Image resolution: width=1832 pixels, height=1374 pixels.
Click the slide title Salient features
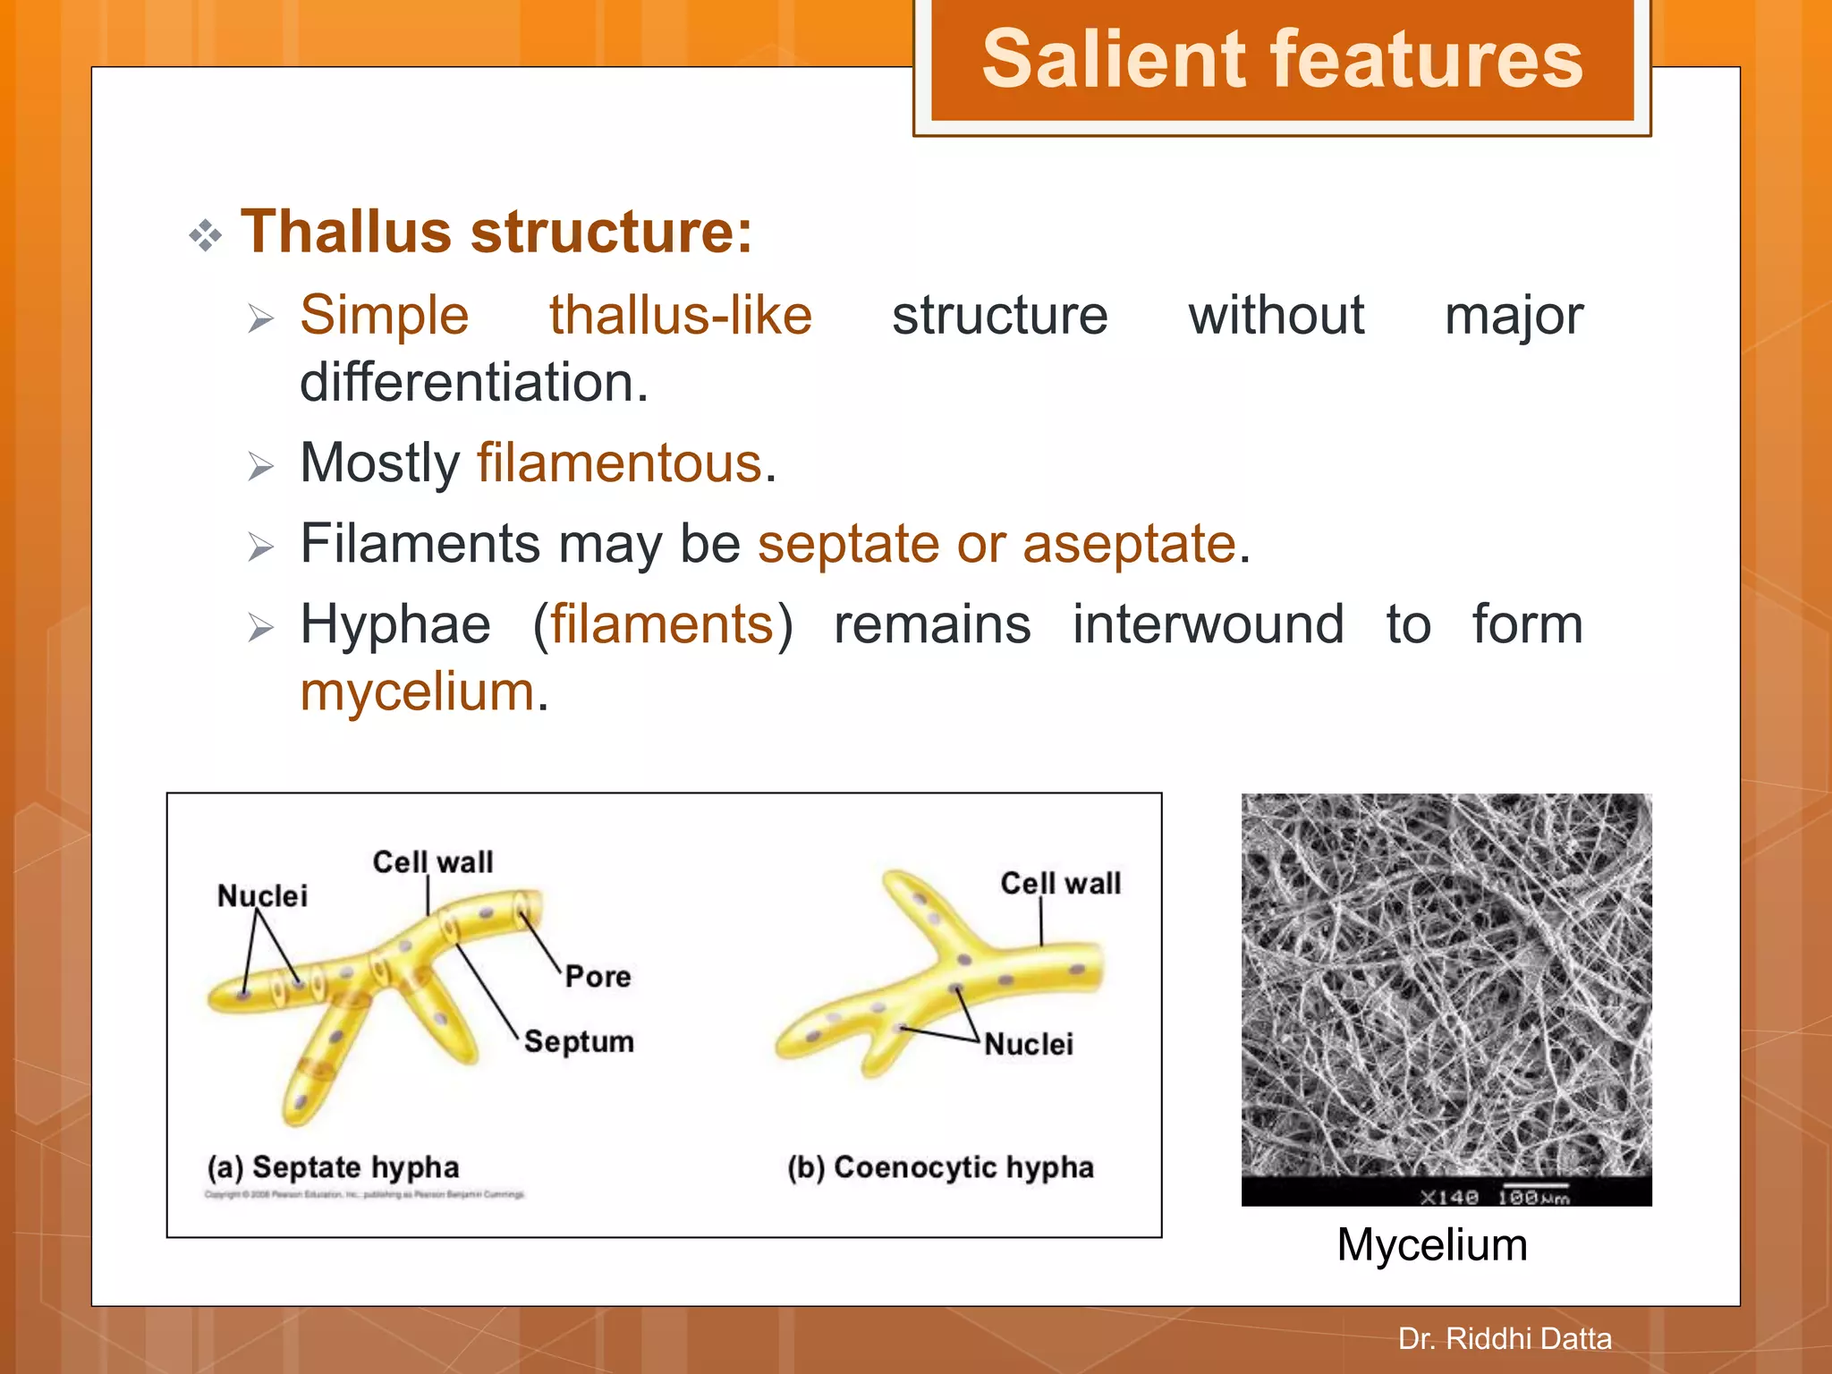point(1282,59)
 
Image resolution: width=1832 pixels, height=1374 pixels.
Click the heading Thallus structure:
point(496,232)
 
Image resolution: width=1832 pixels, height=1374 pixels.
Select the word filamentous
point(620,463)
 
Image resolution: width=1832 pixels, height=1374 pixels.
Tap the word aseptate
point(1129,544)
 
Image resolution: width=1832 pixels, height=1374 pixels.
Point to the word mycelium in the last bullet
point(418,691)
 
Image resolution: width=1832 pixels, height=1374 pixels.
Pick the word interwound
point(1208,623)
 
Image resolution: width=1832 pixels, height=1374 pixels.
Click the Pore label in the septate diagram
point(598,976)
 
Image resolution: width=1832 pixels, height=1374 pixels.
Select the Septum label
point(579,1041)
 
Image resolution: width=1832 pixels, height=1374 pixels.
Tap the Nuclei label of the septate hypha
point(262,895)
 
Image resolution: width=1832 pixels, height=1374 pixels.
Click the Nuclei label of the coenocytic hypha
point(1029,1044)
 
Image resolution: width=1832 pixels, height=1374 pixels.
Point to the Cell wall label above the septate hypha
point(433,861)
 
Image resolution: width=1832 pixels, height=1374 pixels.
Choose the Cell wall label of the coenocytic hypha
point(1060,883)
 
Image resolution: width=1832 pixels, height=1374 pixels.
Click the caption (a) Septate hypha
point(333,1166)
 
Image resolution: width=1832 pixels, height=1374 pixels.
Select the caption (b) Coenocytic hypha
point(940,1166)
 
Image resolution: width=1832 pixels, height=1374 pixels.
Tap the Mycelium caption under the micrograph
point(1432,1244)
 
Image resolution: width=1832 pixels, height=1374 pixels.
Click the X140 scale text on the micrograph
point(1449,1197)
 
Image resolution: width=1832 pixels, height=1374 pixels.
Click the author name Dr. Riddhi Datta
point(1505,1338)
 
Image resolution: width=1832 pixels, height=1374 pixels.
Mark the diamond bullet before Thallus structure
point(206,235)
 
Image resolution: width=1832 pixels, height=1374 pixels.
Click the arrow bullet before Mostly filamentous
point(260,466)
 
